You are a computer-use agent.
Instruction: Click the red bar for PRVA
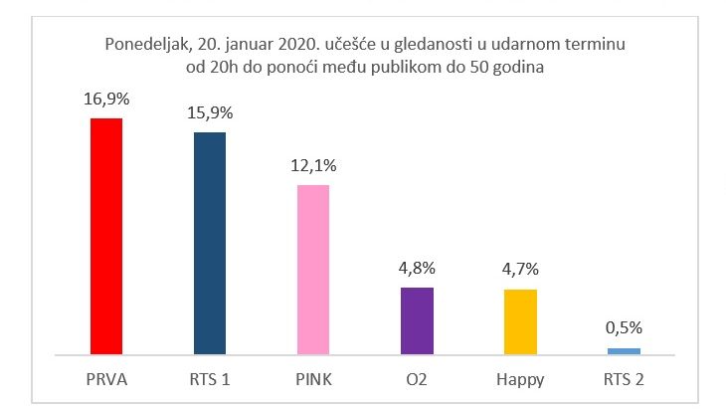tap(105, 235)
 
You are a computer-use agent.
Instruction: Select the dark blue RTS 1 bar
tap(209, 243)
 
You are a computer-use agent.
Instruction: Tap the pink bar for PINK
tap(312, 269)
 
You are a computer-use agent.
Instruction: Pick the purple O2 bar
tap(417, 319)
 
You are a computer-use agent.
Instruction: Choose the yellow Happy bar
tap(520, 320)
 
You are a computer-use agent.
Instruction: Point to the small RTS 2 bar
tap(624, 350)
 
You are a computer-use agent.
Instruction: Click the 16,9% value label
tap(105, 101)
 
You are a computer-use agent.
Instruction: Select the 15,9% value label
tap(209, 113)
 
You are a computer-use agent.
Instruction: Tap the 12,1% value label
tap(313, 166)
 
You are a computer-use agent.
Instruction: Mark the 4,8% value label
tap(417, 269)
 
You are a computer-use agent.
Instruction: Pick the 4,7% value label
tap(520, 271)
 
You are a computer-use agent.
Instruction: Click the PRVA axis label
tap(105, 379)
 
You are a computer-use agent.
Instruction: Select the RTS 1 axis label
tap(209, 379)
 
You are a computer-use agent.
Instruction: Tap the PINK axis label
tap(312, 379)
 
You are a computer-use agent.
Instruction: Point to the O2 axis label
tap(417, 379)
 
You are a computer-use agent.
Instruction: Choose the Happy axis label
tap(520, 379)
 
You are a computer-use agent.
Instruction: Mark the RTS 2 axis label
tap(624, 379)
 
